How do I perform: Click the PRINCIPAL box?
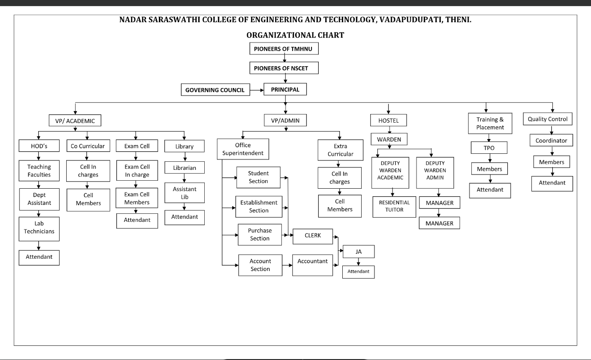[x=285, y=89]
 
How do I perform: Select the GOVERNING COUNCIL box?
[x=215, y=90]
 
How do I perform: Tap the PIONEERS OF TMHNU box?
[x=284, y=49]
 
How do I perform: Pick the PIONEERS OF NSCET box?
[x=284, y=68]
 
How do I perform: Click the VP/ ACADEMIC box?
[x=75, y=121]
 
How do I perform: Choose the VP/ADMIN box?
[x=285, y=121]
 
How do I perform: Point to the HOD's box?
[x=39, y=146]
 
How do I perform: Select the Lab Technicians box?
[x=39, y=228]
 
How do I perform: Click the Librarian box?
[x=184, y=168]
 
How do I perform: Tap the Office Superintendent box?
[x=243, y=149]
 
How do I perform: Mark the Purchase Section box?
[x=260, y=235]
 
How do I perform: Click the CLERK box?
[x=313, y=236]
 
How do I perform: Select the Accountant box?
[x=313, y=265]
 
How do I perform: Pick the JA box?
[x=358, y=252]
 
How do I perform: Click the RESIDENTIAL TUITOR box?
[x=394, y=206]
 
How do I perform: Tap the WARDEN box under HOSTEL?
[x=389, y=140]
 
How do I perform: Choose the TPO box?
[x=489, y=148]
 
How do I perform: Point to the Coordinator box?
[x=551, y=140]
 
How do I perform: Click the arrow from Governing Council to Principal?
[x=257, y=89]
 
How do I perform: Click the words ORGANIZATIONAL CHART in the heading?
[x=295, y=35]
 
